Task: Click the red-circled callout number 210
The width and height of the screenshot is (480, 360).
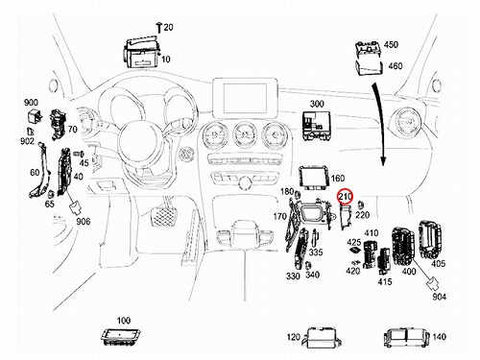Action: (x=346, y=196)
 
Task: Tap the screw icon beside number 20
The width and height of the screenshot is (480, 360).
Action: (x=159, y=28)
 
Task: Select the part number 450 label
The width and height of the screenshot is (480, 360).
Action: (x=391, y=44)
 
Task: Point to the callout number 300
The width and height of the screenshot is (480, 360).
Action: (x=317, y=104)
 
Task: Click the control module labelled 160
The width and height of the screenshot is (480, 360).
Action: (x=314, y=177)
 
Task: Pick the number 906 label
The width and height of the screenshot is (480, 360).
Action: (x=84, y=221)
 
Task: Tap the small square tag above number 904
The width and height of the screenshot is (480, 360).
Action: (x=434, y=282)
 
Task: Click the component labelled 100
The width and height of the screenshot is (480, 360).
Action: (x=121, y=336)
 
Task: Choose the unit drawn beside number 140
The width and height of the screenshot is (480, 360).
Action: (x=406, y=338)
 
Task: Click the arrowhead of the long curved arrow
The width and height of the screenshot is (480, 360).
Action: (x=383, y=160)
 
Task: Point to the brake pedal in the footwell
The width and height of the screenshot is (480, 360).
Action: (x=163, y=218)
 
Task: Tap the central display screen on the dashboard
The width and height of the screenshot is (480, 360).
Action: (x=245, y=98)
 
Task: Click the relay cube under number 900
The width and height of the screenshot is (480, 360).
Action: (x=34, y=116)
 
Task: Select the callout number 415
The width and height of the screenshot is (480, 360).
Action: (x=385, y=281)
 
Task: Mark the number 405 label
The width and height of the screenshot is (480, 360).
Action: (x=438, y=263)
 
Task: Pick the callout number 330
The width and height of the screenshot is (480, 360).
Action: (x=293, y=276)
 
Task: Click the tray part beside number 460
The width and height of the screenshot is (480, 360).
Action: (x=370, y=68)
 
